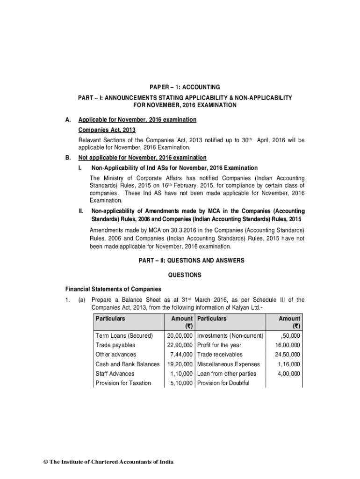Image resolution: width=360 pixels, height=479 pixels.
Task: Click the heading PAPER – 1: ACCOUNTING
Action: click(x=185, y=87)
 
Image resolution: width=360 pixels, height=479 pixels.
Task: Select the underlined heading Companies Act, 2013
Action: click(x=107, y=130)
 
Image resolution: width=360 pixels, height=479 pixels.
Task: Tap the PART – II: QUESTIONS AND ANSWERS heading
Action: click(x=185, y=260)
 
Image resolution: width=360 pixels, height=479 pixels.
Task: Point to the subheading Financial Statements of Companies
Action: click(x=113, y=289)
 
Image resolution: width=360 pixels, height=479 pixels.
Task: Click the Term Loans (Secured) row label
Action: click(x=124, y=336)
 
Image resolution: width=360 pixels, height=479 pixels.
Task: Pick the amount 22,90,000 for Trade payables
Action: click(x=180, y=345)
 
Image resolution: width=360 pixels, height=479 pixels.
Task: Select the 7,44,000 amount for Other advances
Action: click(x=182, y=355)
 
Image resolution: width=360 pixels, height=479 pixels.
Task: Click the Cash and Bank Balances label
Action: click(x=127, y=364)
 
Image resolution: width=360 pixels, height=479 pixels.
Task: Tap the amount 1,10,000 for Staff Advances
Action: click(x=182, y=374)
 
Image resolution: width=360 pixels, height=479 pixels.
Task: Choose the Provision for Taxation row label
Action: click(x=123, y=383)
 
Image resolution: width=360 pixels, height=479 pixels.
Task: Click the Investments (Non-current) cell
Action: click(x=230, y=336)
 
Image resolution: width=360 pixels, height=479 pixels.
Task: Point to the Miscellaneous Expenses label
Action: click(x=229, y=364)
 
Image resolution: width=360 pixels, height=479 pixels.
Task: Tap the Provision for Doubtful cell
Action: click(x=223, y=383)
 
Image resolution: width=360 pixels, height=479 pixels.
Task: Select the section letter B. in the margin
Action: click(x=68, y=158)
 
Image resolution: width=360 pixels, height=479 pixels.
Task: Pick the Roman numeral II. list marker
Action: click(x=81, y=211)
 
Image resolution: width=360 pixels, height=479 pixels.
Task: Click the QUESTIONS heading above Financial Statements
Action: click(x=185, y=275)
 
